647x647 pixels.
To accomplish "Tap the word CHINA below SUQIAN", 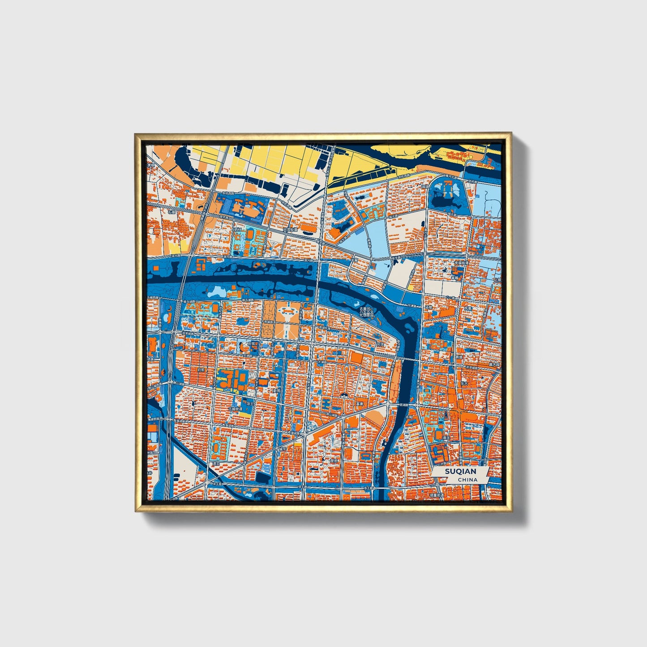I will click(467, 480).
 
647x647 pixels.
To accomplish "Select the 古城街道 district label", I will click(235, 409).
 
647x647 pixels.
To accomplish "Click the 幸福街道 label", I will click(462, 264).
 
